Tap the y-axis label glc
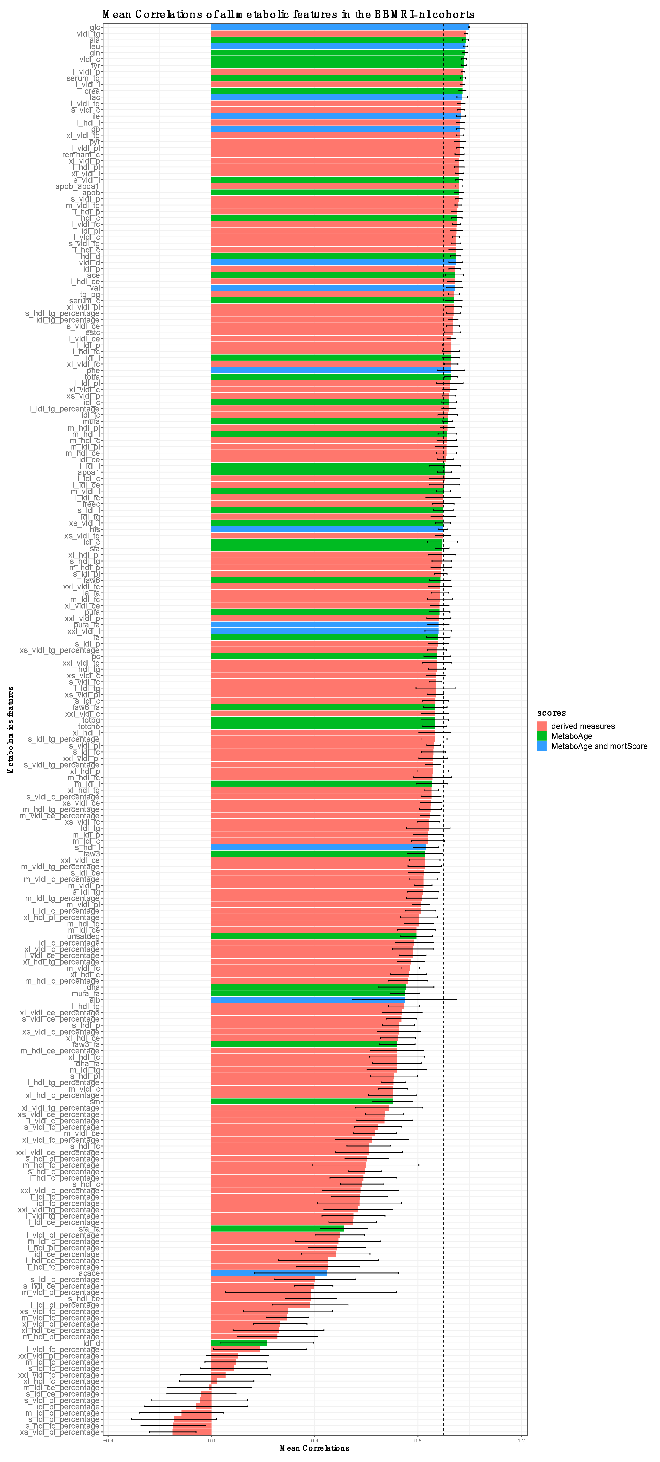coord(95,27)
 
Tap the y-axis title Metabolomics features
coord(10,729)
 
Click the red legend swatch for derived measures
coord(541,726)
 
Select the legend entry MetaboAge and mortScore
coord(599,746)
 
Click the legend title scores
coord(551,713)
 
